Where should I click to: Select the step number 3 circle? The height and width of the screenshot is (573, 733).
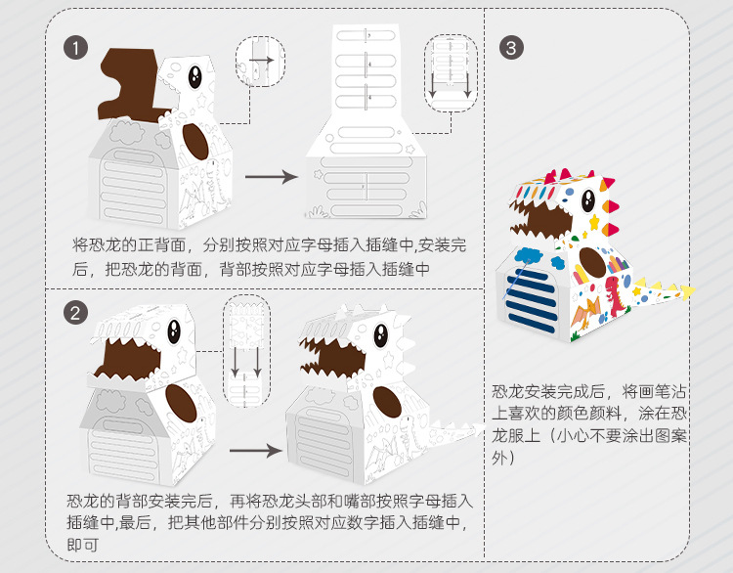click(511, 47)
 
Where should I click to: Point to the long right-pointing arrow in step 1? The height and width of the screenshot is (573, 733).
click(270, 177)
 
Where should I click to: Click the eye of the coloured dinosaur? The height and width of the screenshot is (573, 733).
click(588, 198)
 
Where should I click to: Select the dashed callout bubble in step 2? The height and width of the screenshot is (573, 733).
click(245, 350)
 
